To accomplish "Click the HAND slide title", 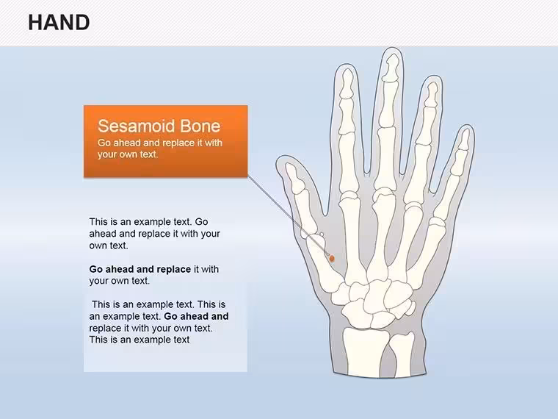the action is tap(59, 23).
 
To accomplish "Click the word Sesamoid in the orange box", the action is tap(137, 126).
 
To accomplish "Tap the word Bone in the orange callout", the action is tap(200, 126).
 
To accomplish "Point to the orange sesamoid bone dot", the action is tap(332, 258).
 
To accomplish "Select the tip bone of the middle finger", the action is tap(391, 68).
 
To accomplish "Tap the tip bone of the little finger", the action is tap(464, 140).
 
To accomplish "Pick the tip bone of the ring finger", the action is tap(431, 94).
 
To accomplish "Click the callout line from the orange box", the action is tap(288, 216).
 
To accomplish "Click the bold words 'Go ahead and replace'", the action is tap(139, 269).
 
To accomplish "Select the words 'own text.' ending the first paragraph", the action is tap(109, 246).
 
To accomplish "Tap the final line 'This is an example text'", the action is tap(139, 340).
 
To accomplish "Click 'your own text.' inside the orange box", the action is tap(128, 154).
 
